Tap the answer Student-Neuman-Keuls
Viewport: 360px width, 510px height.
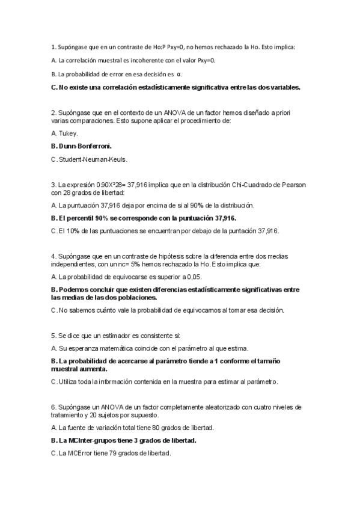tap(93, 159)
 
